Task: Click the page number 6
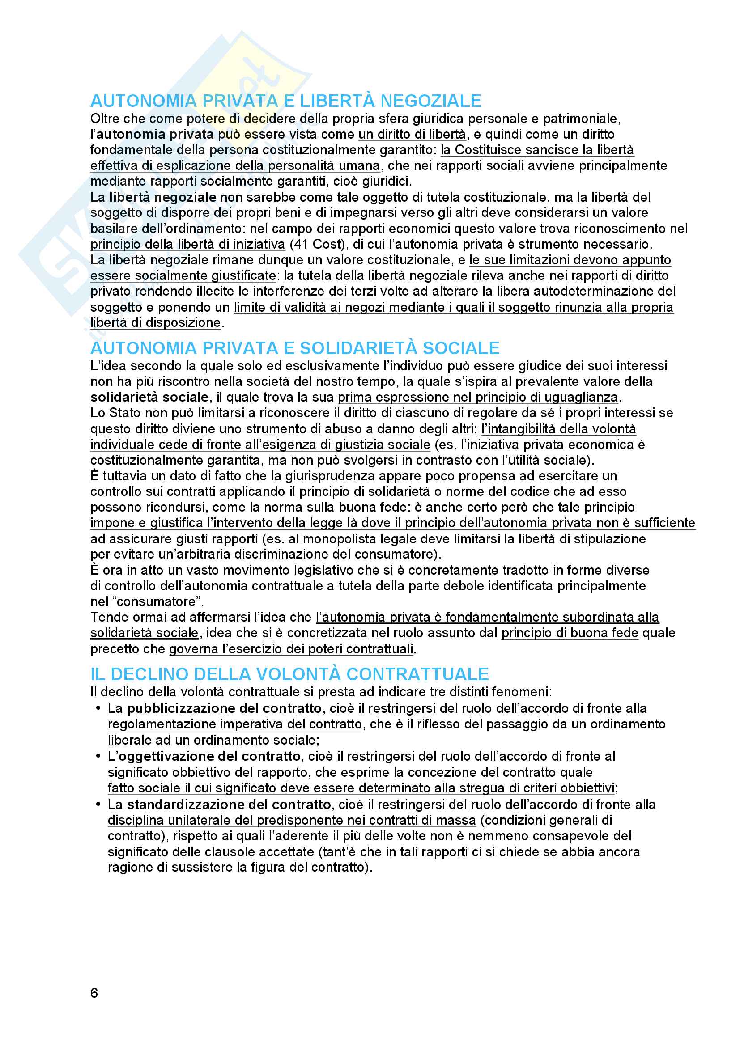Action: [x=94, y=993]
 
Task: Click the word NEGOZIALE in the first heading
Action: [x=430, y=101]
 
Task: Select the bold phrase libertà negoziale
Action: [x=162, y=197]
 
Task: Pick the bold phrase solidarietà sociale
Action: [x=149, y=397]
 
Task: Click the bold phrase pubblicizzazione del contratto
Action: [x=224, y=708]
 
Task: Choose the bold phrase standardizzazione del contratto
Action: [x=229, y=804]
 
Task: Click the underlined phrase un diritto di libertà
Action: [x=412, y=135]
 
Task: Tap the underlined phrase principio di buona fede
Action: [x=570, y=633]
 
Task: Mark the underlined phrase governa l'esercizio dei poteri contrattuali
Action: [x=291, y=649]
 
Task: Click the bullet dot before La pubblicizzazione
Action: [x=98, y=708]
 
